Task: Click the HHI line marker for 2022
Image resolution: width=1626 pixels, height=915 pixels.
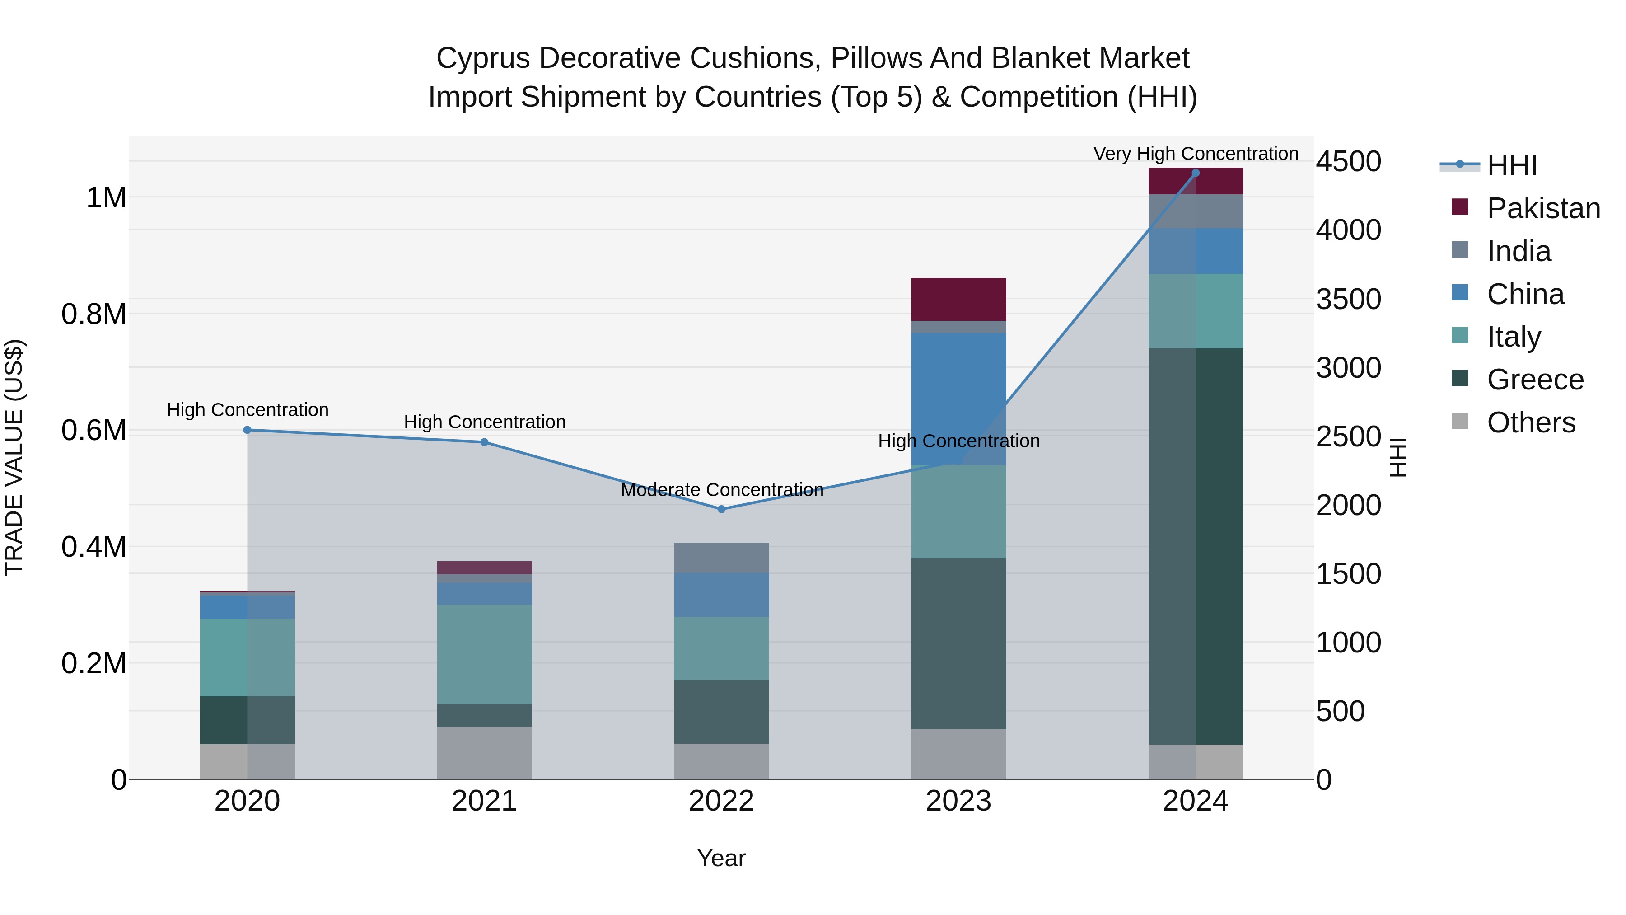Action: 721,509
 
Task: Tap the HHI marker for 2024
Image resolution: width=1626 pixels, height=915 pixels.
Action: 1196,173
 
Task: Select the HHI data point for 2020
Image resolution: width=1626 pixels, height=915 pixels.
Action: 248,430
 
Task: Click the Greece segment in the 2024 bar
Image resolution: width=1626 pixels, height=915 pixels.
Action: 1196,546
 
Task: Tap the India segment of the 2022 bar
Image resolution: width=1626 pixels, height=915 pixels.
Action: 721,558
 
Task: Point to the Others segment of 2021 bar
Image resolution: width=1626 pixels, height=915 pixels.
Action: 484,753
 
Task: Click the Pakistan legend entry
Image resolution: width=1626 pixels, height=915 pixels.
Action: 1543,208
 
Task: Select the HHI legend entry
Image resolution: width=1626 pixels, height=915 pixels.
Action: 1511,165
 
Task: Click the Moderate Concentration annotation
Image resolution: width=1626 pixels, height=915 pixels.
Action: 721,490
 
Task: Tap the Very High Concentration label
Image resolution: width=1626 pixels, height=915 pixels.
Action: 1196,154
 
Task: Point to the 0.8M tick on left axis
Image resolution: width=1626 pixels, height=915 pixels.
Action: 93,314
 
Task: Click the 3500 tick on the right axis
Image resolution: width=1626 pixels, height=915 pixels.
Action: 1348,299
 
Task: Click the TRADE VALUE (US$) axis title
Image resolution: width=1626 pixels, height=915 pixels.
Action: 14,457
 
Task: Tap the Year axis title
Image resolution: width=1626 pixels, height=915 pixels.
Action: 721,858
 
